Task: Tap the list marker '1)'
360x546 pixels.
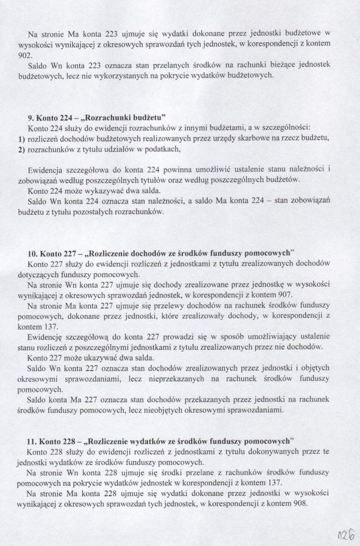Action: coord(15,139)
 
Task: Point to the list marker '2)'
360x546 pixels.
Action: coord(15,150)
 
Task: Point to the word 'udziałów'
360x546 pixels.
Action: coord(98,150)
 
